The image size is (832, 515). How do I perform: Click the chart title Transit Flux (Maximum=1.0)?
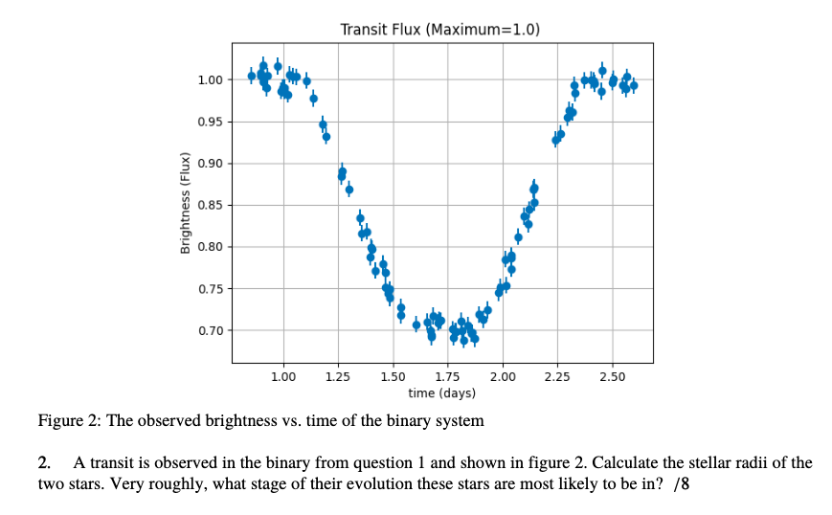440,30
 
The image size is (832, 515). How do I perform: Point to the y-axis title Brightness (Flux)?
185,204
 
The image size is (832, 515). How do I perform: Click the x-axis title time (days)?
441,393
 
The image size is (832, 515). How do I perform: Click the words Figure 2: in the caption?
69,421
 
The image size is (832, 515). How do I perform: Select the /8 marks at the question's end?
682,484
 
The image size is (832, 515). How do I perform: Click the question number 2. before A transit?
44,463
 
